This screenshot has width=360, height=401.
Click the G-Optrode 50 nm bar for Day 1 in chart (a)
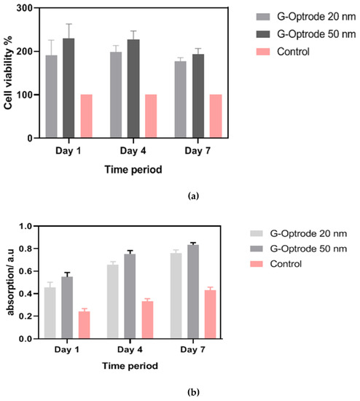point(69,88)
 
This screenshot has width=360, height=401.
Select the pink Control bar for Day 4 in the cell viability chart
point(152,116)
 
